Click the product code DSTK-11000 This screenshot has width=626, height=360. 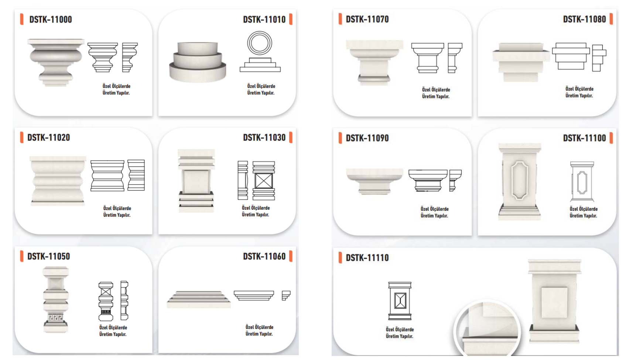point(51,19)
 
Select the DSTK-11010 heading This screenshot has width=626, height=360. point(264,19)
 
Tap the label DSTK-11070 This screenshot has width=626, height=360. point(367,19)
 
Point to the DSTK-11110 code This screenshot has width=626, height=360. point(367,257)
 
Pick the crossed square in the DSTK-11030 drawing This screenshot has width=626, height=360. point(264,181)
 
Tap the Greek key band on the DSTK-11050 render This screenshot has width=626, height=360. point(55,317)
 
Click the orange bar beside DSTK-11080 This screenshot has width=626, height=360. point(611,19)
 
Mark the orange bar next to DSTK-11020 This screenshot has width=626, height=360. point(21,137)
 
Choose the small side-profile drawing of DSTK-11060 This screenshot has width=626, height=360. point(286,295)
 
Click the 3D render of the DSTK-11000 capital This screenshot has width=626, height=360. point(56,62)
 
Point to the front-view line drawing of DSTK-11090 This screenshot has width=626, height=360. point(428,181)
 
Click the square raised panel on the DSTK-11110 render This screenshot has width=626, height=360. point(554,302)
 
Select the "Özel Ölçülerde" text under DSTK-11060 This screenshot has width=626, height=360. point(259,327)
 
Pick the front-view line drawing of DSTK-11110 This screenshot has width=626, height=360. point(400,301)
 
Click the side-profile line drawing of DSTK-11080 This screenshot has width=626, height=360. point(599,58)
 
